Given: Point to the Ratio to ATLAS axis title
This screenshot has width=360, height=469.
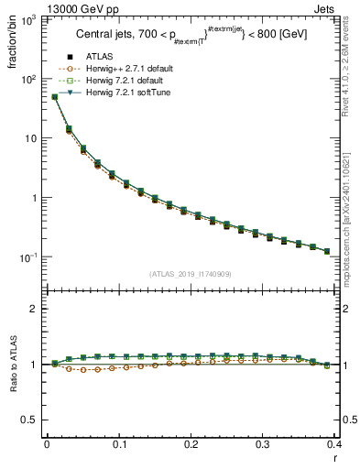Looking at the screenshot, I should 12,365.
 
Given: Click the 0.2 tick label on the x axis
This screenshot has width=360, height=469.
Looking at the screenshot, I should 191,442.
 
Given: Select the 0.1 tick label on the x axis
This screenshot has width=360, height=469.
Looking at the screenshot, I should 119,442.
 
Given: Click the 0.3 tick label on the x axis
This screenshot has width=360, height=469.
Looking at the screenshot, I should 262,442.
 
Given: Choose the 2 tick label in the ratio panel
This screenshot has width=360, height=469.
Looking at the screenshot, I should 35,309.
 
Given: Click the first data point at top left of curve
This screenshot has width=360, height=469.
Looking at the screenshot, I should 54,96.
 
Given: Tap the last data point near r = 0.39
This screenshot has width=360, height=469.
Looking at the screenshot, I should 327,251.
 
